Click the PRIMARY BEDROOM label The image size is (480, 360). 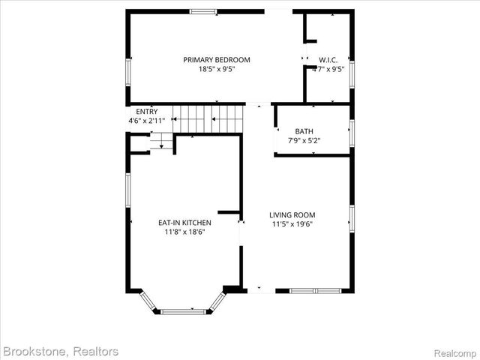217,59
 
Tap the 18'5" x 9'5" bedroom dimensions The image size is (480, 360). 217,69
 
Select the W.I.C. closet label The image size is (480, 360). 328,60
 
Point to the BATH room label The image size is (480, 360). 304,130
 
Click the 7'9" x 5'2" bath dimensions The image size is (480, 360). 304,140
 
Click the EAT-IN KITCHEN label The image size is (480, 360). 184,223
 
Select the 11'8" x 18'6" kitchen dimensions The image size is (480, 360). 184,232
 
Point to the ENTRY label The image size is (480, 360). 147,112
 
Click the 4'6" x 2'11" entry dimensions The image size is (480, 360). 147,120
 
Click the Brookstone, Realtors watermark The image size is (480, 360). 61,351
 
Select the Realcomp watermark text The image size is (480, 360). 455,352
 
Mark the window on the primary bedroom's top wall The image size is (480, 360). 202,11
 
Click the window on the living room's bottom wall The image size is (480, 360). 315,290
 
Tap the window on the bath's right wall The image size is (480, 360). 352,130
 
